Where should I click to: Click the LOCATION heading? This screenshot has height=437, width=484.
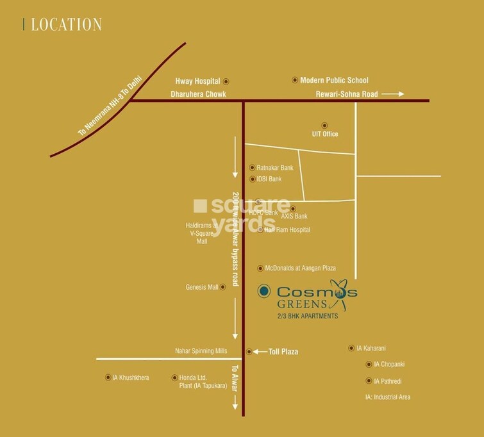[66, 25]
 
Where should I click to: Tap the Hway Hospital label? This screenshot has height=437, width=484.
[197, 81]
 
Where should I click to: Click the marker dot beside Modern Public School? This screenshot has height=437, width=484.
[295, 80]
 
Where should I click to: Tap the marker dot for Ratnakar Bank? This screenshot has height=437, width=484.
[253, 167]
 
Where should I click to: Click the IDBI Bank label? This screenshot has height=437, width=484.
[269, 179]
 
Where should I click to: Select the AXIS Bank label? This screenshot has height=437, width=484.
[295, 217]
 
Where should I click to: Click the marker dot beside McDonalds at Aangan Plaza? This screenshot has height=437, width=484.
[260, 268]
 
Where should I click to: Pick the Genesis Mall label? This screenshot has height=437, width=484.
[202, 287]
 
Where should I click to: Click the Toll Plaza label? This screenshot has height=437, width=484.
[284, 352]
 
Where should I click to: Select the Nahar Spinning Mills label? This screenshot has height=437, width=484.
[201, 351]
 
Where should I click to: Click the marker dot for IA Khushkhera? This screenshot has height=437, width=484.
[107, 377]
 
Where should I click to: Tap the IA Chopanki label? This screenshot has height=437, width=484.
[390, 365]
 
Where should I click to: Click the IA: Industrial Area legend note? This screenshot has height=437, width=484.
[387, 397]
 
